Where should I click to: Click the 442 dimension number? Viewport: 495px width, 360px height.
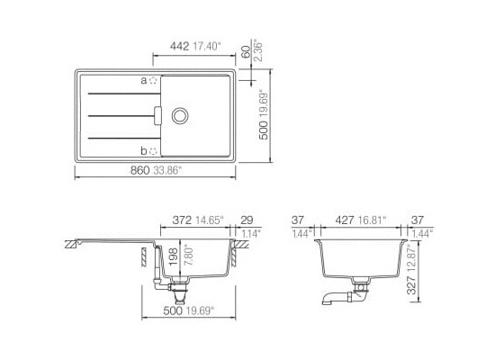click(x=179, y=47)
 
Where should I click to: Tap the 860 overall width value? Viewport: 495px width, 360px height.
click(x=139, y=170)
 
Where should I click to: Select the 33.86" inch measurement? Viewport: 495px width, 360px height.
click(x=167, y=170)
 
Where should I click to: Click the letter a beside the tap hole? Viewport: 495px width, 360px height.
click(x=144, y=81)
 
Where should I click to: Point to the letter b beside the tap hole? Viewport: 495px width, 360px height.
click(x=144, y=151)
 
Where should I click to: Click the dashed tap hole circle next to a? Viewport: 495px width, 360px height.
click(x=153, y=80)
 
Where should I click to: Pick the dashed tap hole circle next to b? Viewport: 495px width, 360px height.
click(x=153, y=151)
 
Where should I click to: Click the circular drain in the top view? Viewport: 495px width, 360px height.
click(x=180, y=116)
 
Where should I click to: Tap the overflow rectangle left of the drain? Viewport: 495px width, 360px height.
click(x=157, y=116)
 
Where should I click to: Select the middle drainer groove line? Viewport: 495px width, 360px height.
click(x=121, y=116)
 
